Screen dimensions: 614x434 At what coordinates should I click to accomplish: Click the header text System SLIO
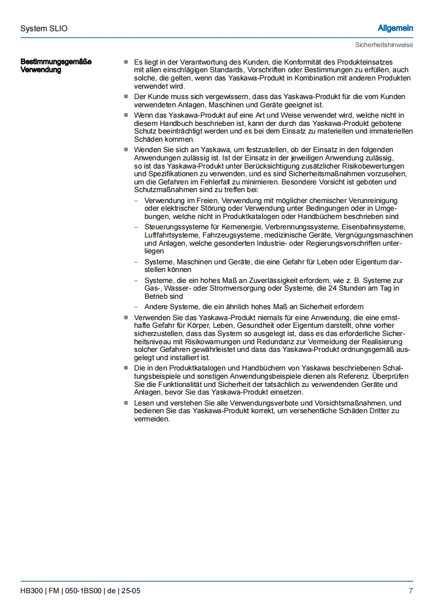[x=44, y=28]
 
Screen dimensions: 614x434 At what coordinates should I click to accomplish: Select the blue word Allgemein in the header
[x=395, y=28]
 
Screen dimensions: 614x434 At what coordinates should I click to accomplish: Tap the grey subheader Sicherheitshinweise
[x=384, y=45]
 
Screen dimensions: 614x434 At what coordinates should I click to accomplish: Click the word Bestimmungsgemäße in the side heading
[x=56, y=62]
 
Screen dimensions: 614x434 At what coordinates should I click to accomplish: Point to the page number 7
[x=410, y=590]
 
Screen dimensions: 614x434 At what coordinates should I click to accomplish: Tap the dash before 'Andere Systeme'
[x=136, y=306]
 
